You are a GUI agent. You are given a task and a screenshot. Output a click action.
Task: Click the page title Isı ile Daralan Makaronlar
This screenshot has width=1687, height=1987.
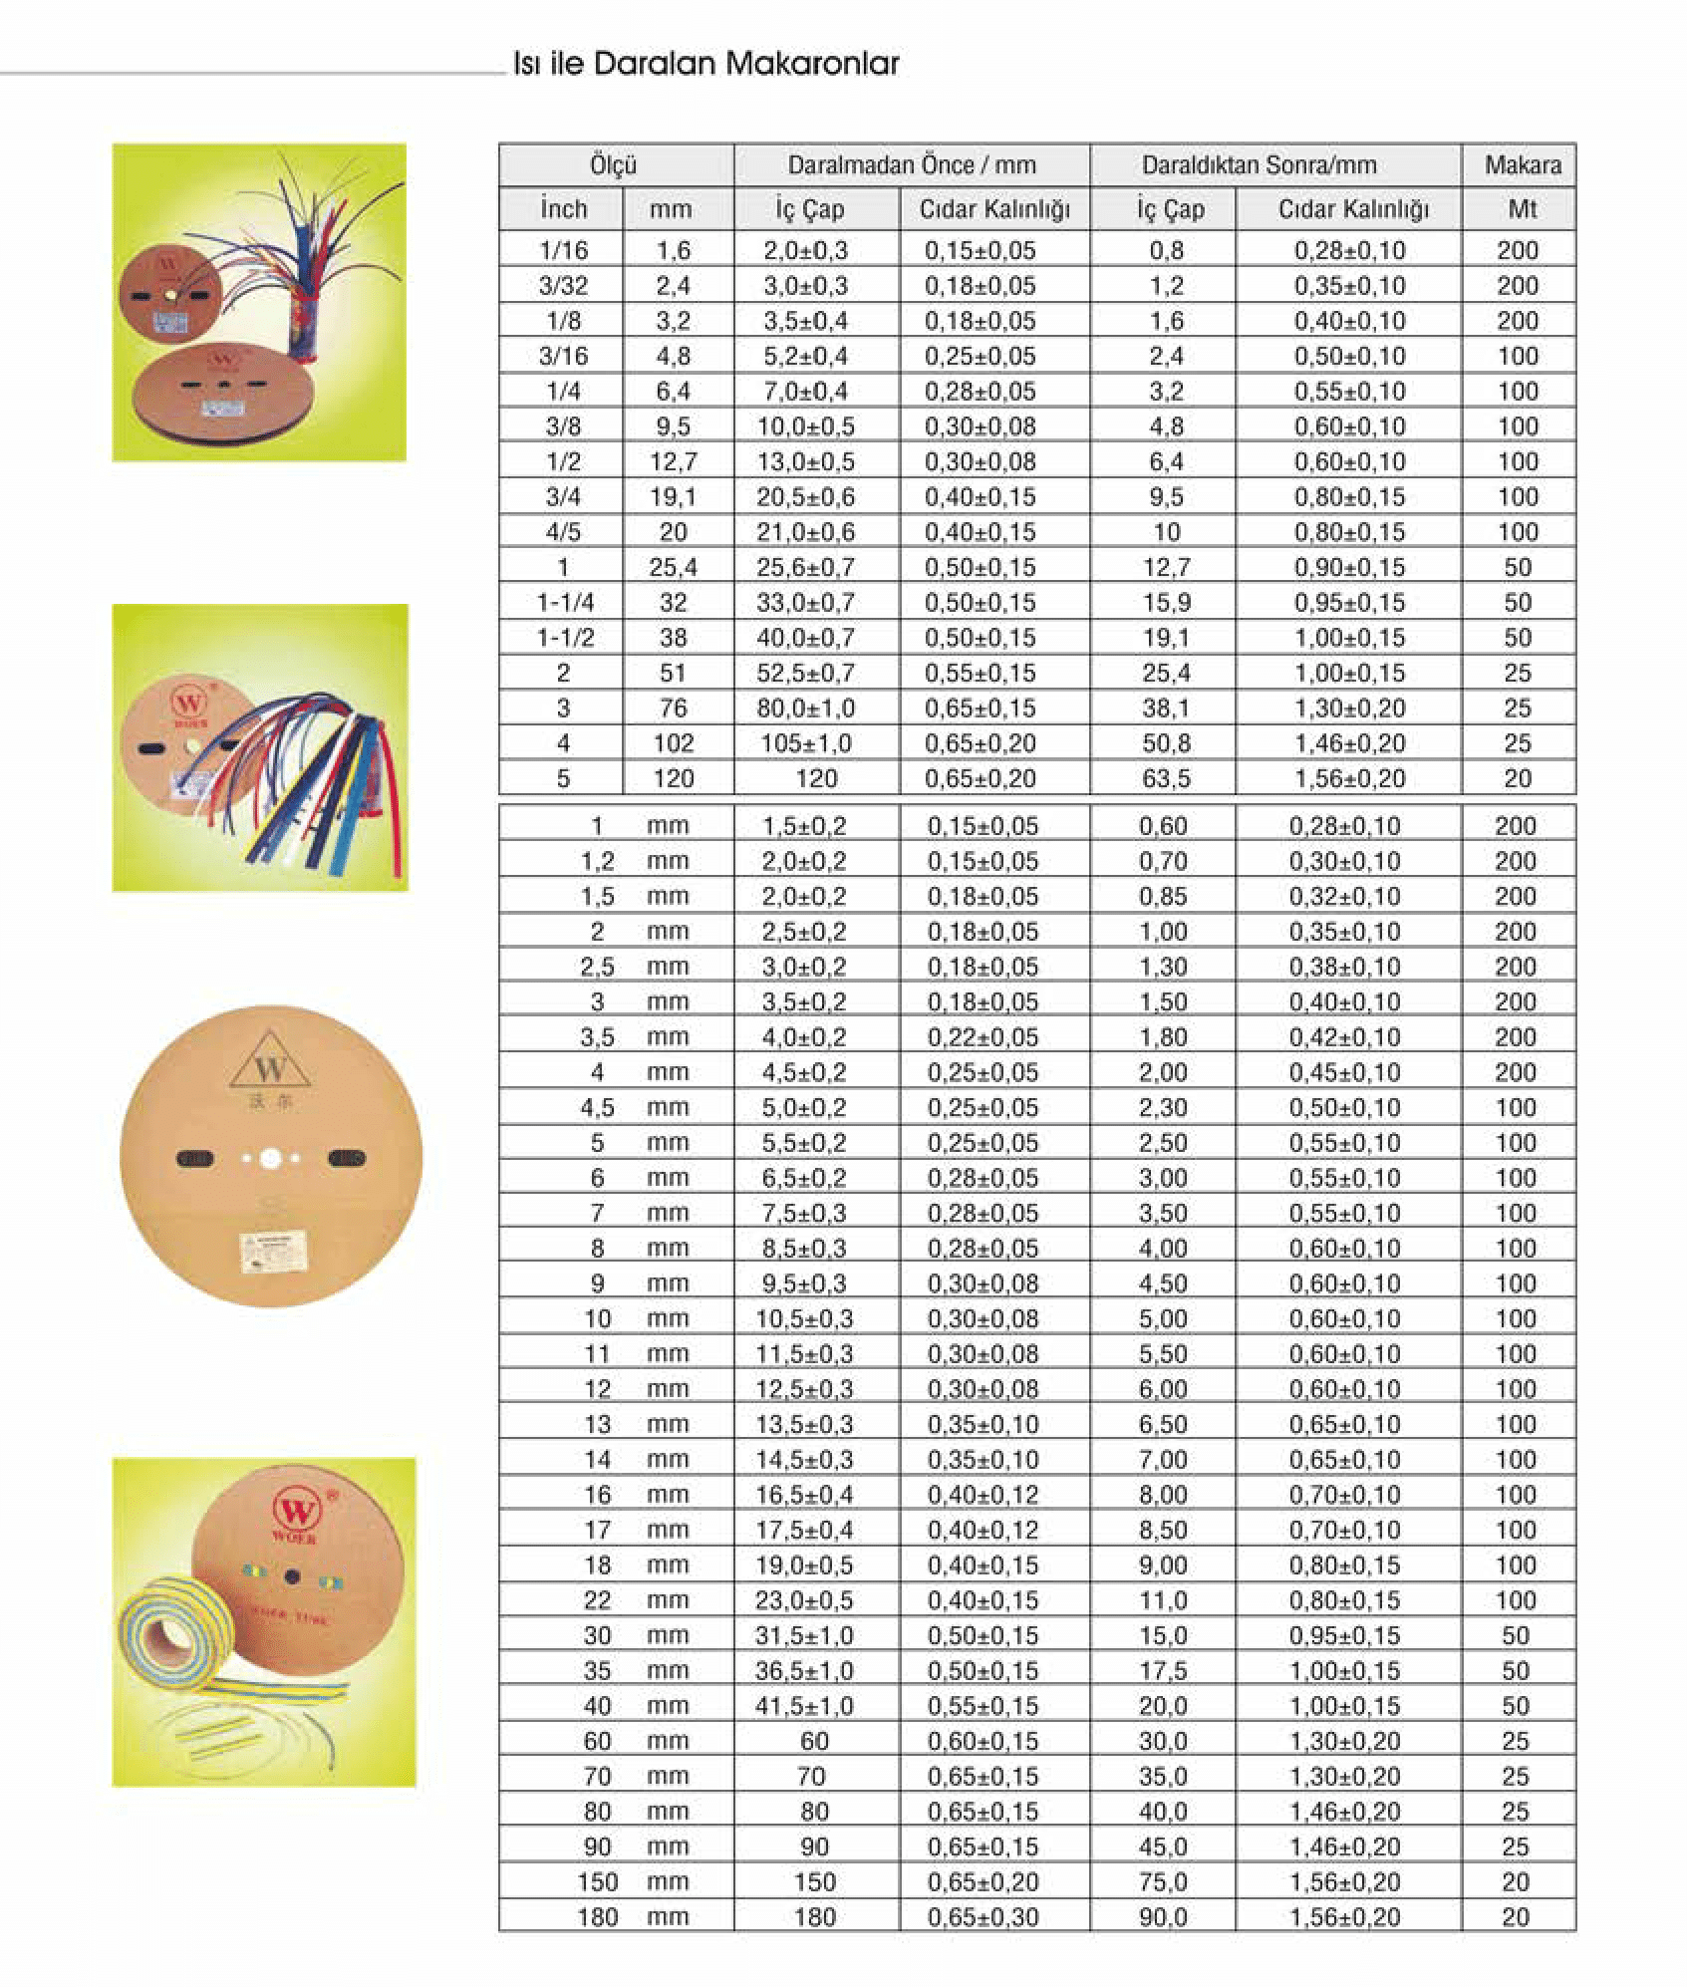point(705,64)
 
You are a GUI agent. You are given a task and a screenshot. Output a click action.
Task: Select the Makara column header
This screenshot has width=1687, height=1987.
point(1522,165)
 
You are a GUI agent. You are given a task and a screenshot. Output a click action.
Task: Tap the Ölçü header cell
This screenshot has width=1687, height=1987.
point(614,165)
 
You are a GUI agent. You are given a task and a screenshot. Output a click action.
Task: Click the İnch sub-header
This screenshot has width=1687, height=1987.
point(563,209)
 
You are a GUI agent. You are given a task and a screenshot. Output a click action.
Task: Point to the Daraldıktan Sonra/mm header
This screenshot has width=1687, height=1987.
point(1259,165)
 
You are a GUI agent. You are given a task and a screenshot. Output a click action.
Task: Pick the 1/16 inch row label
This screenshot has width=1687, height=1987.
point(563,250)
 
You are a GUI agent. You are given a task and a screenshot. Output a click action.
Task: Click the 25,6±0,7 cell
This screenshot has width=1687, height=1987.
point(806,567)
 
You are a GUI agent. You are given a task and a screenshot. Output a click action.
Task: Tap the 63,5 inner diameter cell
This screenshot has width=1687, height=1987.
point(1166,778)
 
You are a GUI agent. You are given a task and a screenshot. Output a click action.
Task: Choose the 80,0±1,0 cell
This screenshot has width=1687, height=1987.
point(806,709)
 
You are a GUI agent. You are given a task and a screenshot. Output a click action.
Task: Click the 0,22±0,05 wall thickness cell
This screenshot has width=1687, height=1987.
point(983,1037)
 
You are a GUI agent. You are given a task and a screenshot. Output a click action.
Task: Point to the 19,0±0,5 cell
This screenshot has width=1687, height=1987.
point(804,1565)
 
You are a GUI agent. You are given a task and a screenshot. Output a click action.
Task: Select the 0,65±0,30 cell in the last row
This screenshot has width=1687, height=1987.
point(983,1917)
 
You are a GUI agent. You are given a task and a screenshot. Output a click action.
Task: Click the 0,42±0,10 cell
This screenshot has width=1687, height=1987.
point(1345,1037)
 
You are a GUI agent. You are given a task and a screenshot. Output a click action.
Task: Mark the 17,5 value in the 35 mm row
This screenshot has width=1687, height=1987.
point(1164,1671)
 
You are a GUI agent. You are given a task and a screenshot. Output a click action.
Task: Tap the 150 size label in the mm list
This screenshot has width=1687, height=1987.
point(598,1882)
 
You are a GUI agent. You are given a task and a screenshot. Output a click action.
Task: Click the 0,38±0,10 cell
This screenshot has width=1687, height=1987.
point(1345,967)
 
